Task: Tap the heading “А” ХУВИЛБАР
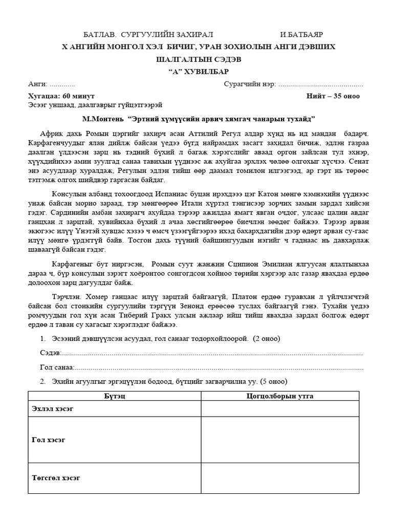(x=196, y=71)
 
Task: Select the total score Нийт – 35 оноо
(x=333, y=96)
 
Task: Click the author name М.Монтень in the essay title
(x=105, y=118)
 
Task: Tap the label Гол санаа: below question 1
(x=57, y=367)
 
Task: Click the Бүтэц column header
(x=114, y=396)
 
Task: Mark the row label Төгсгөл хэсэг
(x=56, y=478)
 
